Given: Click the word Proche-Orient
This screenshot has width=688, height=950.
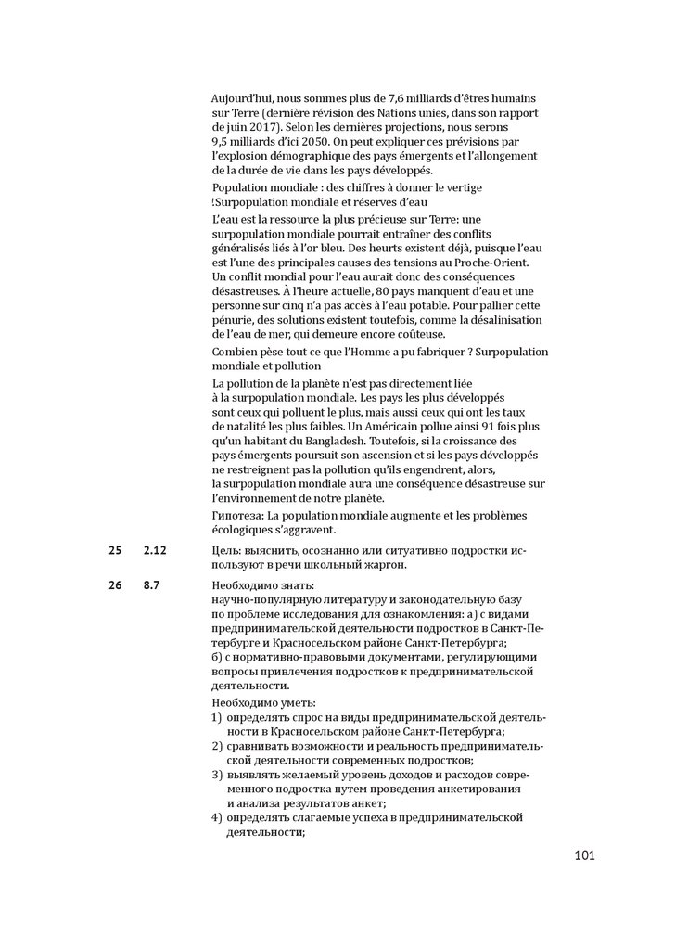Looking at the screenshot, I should pyautogui.click(x=488, y=263).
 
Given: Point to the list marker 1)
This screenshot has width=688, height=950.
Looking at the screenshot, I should pyautogui.click(x=216, y=717).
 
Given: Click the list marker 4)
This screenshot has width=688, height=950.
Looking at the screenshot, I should pyautogui.click(x=216, y=817).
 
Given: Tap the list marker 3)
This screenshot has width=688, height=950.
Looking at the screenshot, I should pyautogui.click(x=216, y=775).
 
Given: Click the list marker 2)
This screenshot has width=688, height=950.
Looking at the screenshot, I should pyautogui.click(x=216, y=746).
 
